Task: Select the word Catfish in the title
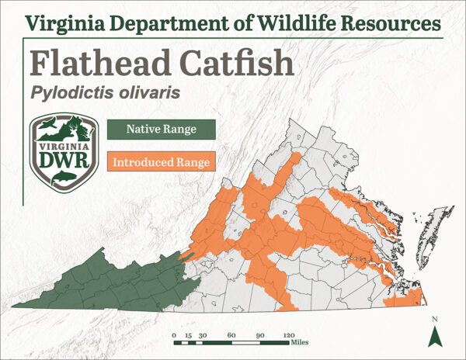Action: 226,63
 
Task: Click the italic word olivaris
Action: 148,92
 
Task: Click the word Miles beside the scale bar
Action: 301,342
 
